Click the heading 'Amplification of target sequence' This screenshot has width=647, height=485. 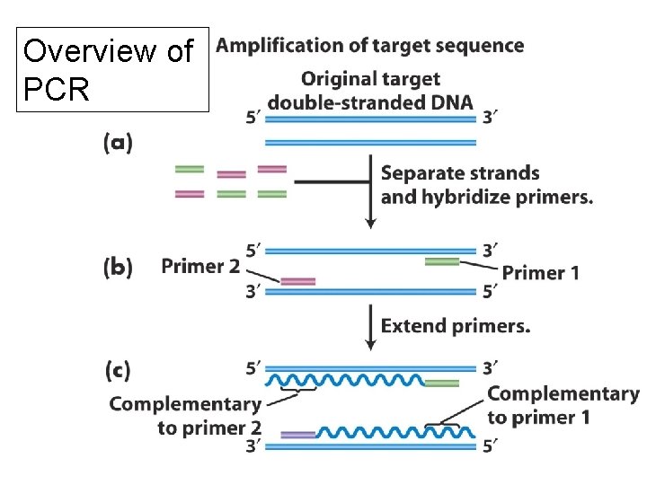point(370,45)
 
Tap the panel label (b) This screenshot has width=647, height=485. point(119,267)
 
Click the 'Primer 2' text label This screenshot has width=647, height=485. point(200,266)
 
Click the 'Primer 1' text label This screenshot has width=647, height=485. point(540,272)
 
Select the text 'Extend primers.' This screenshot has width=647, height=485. point(456,326)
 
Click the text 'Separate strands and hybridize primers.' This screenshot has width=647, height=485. point(486,185)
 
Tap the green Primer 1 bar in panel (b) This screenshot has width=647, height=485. point(442,261)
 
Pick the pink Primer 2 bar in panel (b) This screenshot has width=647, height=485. point(297,281)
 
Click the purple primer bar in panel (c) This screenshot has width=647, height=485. point(297,435)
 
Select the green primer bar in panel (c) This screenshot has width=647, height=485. point(442,384)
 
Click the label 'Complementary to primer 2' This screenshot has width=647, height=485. point(185,416)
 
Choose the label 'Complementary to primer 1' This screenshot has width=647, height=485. point(563,405)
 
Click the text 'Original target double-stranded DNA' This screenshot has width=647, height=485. point(370,91)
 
